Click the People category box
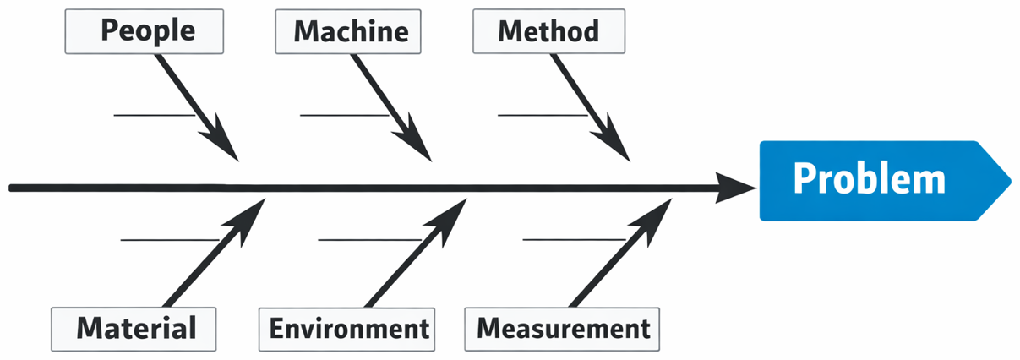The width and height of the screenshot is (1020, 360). pos(147,31)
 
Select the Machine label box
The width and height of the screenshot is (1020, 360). pos(351,32)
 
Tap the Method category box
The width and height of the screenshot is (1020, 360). pos(548,31)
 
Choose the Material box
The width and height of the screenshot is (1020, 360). pos(134,328)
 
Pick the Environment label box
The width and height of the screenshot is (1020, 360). pos(349,329)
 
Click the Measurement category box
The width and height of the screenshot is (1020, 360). pos(563,329)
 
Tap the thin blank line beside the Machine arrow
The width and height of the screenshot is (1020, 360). pos(343,114)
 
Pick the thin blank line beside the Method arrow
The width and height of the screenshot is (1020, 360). pos(542,114)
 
